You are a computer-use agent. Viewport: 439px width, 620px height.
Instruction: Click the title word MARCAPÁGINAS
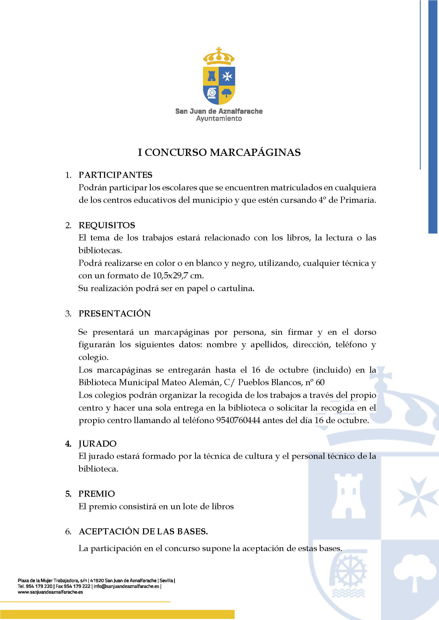(255, 152)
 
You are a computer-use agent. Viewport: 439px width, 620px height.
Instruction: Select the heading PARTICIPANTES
(115, 175)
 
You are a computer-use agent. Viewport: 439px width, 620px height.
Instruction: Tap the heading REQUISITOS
(107, 225)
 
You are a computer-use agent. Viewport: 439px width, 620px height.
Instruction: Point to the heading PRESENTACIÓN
(115, 314)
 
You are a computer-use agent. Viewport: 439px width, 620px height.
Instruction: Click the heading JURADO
(97, 444)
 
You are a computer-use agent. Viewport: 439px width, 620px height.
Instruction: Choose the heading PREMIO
(97, 494)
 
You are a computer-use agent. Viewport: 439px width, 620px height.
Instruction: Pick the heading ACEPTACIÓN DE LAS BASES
(143, 531)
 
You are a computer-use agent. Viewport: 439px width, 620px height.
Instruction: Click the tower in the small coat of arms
(211, 76)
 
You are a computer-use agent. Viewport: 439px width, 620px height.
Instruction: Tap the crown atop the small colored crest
(219, 57)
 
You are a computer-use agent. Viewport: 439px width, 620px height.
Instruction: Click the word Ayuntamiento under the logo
(219, 118)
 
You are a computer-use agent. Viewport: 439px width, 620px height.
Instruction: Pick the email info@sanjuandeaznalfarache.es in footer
(126, 586)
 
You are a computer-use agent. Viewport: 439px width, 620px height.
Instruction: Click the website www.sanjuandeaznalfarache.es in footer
(50, 592)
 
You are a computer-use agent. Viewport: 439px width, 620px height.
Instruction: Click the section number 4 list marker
(68, 444)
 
